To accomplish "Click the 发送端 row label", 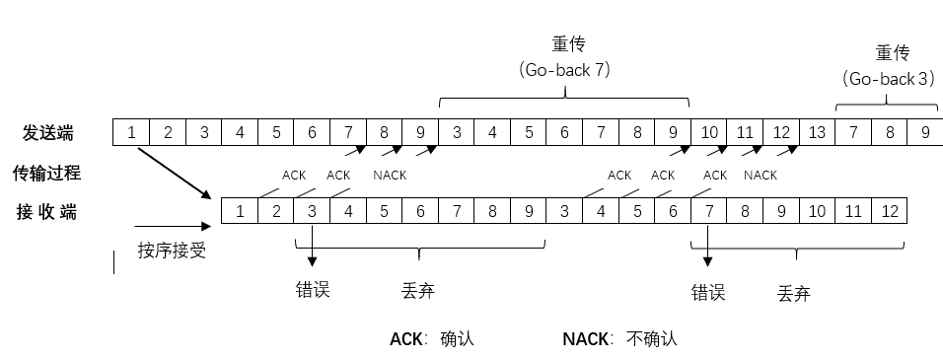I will coord(48,132).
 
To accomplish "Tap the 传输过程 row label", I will coord(46,174).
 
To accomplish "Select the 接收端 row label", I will coord(46,210).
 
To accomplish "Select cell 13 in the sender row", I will coord(817,132).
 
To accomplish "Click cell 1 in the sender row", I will coord(131,132).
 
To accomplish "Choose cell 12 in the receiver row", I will coord(889,210).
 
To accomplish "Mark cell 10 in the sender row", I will coord(708,132).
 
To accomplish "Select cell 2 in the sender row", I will coord(168,132).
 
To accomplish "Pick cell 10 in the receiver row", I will coord(817,210).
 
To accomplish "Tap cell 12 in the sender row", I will coord(780,132).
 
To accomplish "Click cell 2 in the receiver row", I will coord(276,210).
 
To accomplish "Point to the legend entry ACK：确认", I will coord(432,338).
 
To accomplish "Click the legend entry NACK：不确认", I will coord(619,338).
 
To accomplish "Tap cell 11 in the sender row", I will coord(745,132).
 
